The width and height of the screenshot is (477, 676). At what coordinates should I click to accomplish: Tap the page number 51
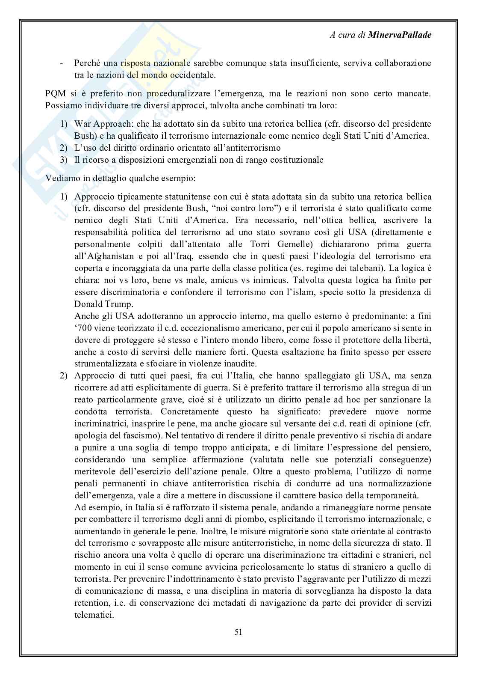click(x=238, y=631)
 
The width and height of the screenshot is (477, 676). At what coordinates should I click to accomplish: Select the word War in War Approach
click(x=83, y=124)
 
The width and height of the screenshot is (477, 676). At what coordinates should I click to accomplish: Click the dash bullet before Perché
click(x=62, y=63)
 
